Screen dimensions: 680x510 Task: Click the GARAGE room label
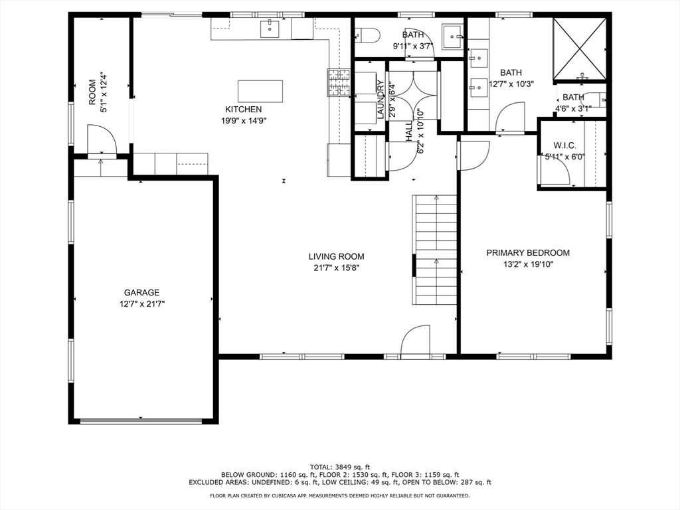142,293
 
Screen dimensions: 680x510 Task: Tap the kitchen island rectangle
260,91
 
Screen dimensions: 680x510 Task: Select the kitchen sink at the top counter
270,29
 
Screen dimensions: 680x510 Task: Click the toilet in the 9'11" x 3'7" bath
367,35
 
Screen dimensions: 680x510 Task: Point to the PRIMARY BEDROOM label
528,253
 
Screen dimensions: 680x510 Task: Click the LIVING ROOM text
337,257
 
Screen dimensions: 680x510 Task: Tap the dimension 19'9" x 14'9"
243,121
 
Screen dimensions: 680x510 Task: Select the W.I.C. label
564,145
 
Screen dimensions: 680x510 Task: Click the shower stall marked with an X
579,48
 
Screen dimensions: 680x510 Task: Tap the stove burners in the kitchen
339,82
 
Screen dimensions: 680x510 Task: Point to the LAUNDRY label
381,100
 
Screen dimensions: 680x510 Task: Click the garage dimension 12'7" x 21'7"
142,304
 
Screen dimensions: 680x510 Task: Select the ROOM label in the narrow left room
92,92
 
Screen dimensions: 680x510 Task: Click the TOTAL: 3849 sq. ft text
339,467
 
